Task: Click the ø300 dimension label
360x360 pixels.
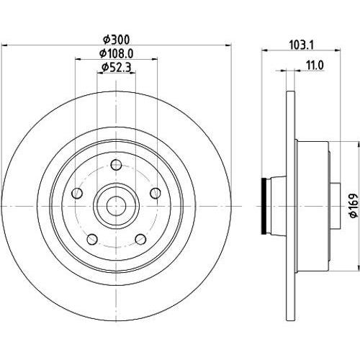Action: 116,40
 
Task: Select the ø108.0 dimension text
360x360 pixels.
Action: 116,53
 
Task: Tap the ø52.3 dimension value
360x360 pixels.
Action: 116,68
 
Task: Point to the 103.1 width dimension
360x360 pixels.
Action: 302,45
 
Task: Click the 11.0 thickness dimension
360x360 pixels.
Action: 315,66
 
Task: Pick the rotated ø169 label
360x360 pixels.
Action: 354,205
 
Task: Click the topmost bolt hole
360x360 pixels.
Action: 116,165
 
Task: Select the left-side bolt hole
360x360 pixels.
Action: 77,193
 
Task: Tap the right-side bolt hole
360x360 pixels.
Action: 156,193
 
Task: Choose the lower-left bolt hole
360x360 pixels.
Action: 92,239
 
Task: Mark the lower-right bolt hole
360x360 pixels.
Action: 140,239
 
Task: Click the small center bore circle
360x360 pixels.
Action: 116,206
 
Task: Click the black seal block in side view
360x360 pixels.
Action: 264,206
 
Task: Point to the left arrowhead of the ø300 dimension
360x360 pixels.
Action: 4,45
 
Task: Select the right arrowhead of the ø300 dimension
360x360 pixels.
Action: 228,45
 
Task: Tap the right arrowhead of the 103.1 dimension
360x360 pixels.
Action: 338,50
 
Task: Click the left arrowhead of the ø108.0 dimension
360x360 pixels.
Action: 78,59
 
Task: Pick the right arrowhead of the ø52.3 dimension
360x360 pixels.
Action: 132,73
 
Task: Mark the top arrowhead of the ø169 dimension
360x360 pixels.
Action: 358,145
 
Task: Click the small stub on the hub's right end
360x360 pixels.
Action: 336,206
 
